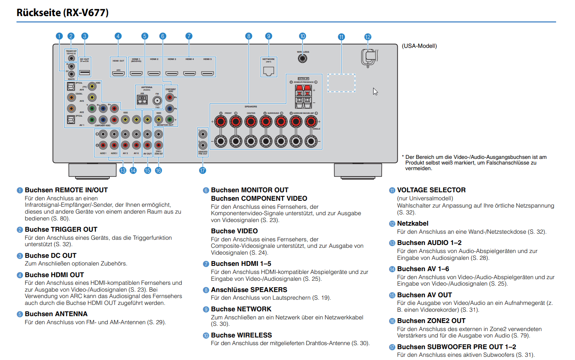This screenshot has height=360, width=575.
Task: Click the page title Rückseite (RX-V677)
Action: [x=62, y=12]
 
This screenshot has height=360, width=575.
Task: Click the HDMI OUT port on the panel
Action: [x=118, y=73]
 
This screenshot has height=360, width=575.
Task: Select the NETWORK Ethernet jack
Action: [x=268, y=71]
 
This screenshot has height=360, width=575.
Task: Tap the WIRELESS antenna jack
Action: [x=302, y=58]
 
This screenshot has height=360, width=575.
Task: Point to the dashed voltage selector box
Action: [x=341, y=83]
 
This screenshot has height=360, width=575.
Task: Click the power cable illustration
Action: [x=369, y=57]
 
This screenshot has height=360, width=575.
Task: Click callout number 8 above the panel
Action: [x=248, y=36]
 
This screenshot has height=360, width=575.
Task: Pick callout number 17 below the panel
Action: [x=202, y=171]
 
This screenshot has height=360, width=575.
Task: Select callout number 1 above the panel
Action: [x=59, y=36]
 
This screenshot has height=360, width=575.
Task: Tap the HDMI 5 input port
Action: [x=207, y=73]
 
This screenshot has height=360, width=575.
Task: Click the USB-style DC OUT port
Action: [x=84, y=72]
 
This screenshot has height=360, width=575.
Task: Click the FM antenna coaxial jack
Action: [x=157, y=101]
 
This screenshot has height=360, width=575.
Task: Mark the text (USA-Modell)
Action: [x=419, y=46]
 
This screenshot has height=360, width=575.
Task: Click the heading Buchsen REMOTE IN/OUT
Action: [x=66, y=190]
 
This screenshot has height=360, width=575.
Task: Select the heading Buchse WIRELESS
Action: [x=241, y=335]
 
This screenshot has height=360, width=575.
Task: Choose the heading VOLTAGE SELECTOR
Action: [x=431, y=190]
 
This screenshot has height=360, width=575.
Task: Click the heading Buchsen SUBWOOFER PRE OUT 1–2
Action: [x=456, y=347]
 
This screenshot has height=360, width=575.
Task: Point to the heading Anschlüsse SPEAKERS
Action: [x=249, y=290]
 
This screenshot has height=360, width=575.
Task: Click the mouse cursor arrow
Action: [x=375, y=91]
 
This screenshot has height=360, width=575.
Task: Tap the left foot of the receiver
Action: [x=87, y=170]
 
